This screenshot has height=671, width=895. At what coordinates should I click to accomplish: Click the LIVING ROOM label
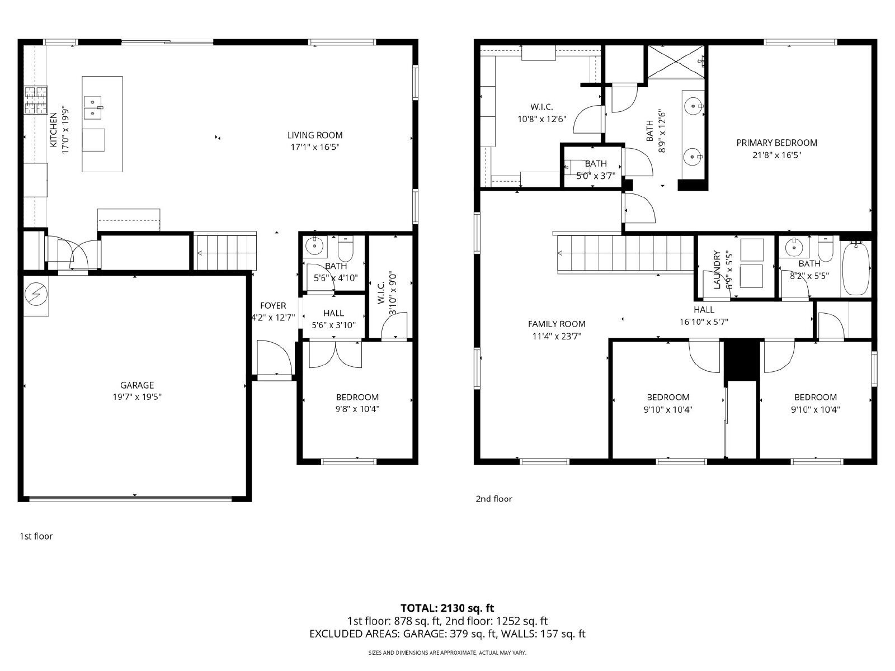click(315, 135)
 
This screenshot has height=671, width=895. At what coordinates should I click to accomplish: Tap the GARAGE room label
click(137, 385)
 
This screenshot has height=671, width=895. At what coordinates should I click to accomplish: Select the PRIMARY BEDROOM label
click(777, 143)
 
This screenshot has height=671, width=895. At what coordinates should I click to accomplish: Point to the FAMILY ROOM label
click(557, 324)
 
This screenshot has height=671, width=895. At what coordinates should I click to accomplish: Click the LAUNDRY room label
click(717, 270)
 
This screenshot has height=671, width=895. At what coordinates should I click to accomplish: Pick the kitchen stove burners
click(36, 100)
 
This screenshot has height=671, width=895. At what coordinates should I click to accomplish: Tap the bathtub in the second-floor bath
click(856, 268)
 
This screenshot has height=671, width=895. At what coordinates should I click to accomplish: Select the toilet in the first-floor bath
click(345, 249)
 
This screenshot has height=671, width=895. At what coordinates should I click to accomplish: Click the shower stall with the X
click(676, 61)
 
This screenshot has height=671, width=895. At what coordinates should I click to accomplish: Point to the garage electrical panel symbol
click(36, 294)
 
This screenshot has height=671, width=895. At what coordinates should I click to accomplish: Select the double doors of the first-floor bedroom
click(335, 355)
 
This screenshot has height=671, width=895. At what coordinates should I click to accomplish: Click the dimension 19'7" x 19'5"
click(137, 397)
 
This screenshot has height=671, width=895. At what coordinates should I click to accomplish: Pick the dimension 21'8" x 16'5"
click(777, 155)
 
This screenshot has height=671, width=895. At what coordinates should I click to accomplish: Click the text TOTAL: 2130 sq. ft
click(447, 608)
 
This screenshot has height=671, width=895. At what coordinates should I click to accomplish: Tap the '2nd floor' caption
click(494, 499)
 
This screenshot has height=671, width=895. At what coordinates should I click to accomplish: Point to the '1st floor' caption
click(36, 536)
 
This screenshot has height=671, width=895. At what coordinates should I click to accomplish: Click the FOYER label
click(273, 305)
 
